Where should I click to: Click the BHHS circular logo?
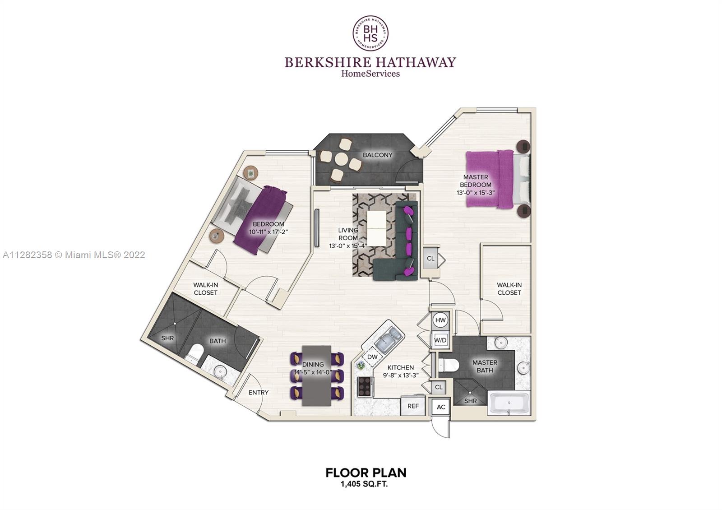pyautogui.click(x=370, y=33)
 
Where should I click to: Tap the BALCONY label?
pyautogui.click(x=377, y=155)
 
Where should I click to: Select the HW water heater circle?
pyautogui.click(x=440, y=320)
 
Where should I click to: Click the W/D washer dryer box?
pyautogui.click(x=440, y=340)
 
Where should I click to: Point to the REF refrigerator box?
pyautogui.click(x=413, y=406)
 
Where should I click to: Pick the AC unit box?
pyautogui.click(x=440, y=407)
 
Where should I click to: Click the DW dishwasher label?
pyautogui.click(x=372, y=357)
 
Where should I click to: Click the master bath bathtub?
pyautogui.click(x=509, y=403)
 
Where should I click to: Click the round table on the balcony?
pyautogui.click(x=341, y=159)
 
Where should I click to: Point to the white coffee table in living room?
pyautogui.click(x=376, y=228)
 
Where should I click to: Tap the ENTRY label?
pyautogui.click(x=258, y=392)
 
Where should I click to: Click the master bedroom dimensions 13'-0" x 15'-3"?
pyautogui.click(x=476, y=193)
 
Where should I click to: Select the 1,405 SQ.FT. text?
pyautogui.click(x=364, y=484)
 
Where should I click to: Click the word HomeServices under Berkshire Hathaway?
pyautogui.click(x=370, y=74)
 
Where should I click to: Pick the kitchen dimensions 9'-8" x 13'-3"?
pyautogui.click(x=400, y=375)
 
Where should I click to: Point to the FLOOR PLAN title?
pyautogui.click(x=366, y=473)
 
